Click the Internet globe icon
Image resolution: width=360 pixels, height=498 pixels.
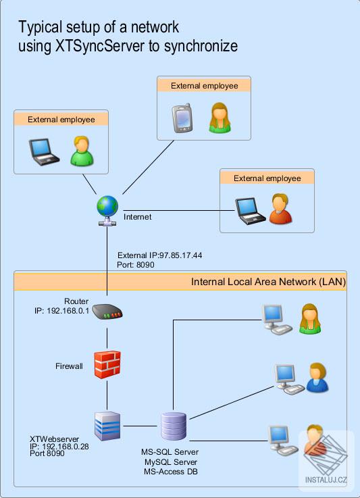tap(107, 210)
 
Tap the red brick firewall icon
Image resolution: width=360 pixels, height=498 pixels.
tap(107, 365)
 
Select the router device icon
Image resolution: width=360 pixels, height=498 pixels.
tap(107, 312)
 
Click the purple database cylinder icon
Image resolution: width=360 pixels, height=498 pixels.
tap(173, 426)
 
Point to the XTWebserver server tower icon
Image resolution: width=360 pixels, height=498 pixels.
tap(107, 426)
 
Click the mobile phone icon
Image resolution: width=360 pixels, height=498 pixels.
tap(182, 118)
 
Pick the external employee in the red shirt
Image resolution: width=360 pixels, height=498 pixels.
tap(280, 209)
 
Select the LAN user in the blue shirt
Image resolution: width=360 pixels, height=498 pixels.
tap(317, 377)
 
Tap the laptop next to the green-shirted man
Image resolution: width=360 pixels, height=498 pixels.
tap(44, 152)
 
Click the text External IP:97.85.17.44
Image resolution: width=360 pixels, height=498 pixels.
tap(159, 255)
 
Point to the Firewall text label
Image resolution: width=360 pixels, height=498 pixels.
tap(69, 366)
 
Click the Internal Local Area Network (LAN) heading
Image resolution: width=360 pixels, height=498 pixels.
tap(268, 282)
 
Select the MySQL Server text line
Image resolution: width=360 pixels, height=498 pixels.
tap(171, 462)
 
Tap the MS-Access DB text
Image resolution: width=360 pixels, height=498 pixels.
tap(171, 472)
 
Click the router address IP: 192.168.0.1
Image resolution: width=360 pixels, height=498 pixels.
tap(62, 311)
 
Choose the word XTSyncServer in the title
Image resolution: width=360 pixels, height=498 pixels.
tap(100, 46)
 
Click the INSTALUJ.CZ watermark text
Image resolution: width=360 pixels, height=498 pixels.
tap(326, 480)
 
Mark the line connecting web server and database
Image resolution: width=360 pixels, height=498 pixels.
tap(140, 426)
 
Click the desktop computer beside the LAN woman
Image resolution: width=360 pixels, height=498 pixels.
tap(276, 319)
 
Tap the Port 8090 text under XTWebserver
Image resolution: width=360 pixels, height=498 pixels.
tap(47, 453)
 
